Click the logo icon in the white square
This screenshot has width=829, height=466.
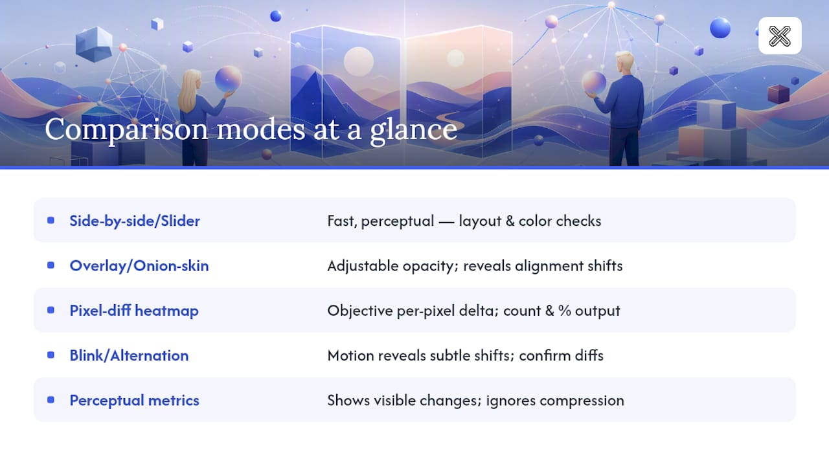click(780, 36)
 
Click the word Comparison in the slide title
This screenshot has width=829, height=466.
click(126, 129)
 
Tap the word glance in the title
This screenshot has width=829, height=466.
click(414, 129)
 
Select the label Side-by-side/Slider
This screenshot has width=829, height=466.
click(135, 221)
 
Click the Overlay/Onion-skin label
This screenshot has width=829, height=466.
click(139, 265)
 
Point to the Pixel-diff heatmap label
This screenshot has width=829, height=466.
click(134, 311)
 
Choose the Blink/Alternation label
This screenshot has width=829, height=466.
click(129, 355)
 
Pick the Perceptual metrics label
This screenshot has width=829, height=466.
click(134, 401)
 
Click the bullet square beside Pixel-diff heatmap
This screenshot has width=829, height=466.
click(51, 310)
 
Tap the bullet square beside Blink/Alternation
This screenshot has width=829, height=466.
click(51, 355)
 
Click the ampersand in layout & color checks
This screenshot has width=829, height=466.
click(510, 221)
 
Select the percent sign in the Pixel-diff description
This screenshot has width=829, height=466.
click(565, 311)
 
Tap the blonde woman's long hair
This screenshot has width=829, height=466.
click(190, 90)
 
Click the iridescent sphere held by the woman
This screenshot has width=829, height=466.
click(229, 78)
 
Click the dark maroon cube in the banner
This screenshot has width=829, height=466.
click(778, 94)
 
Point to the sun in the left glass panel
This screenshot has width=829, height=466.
click(358, 61)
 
